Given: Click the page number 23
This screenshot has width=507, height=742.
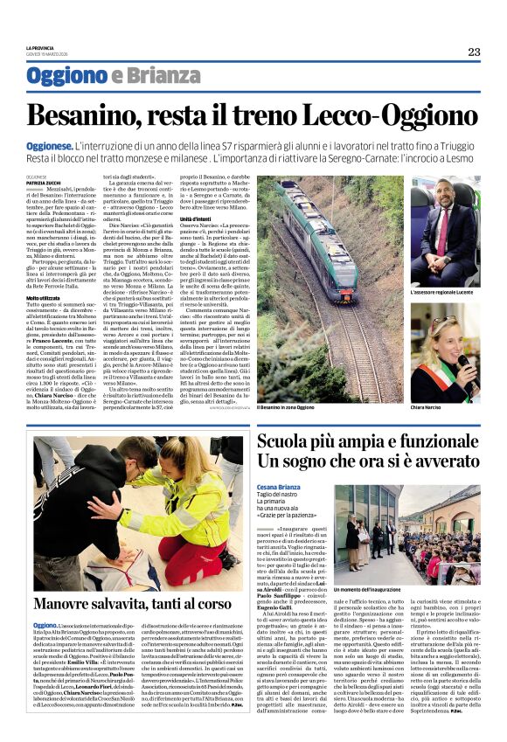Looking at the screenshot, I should [x=473, y=52].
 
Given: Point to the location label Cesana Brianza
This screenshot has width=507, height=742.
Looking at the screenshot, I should [x=280, y=487].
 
